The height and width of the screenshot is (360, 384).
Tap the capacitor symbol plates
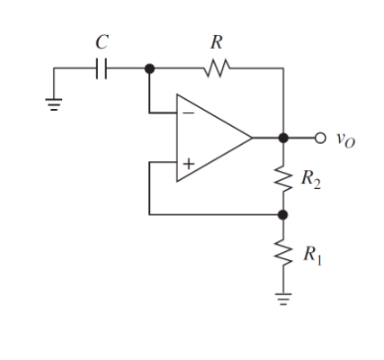coord(103,68)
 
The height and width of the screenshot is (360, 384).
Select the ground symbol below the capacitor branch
coord(54,102)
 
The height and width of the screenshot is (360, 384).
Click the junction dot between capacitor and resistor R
coord(149,68)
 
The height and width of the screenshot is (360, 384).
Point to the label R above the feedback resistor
coord(216,42)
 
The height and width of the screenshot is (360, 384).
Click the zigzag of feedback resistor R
coord(218,68)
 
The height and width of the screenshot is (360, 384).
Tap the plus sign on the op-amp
coord(189,164)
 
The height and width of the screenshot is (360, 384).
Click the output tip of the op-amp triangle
coord(251,138)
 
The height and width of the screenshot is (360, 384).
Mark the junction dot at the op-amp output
coord(283,138)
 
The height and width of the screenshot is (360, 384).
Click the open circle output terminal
coord(319,138)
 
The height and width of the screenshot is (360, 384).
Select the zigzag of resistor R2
coord(283,178)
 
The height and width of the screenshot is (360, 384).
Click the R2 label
coord(309,179)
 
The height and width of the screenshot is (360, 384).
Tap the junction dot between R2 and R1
coord(283,215)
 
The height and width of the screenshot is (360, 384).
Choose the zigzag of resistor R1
coord(283,255)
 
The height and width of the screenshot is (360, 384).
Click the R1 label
coord(309,256)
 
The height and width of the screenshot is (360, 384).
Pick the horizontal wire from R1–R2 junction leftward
coord(216,215)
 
